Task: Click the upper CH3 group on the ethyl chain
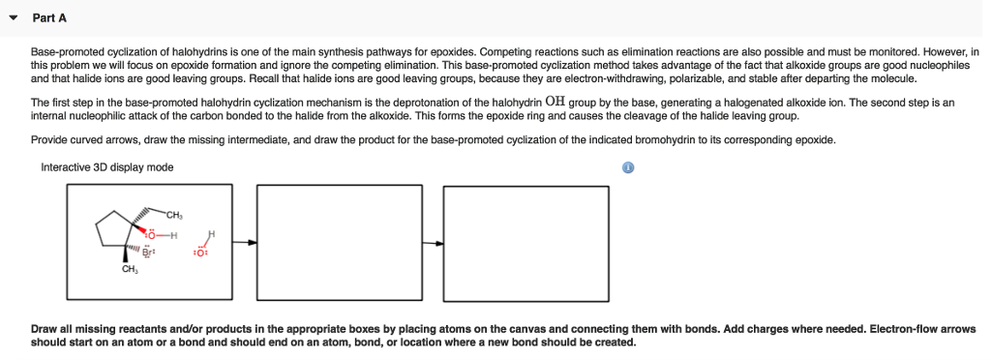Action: point(174,214)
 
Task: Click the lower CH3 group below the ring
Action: point(129,270)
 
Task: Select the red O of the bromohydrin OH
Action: point(150,234)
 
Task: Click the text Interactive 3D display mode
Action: point(107,167)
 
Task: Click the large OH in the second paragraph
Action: point(556,100)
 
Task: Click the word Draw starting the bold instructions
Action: point(44,329)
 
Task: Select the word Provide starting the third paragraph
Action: point(49,139)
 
